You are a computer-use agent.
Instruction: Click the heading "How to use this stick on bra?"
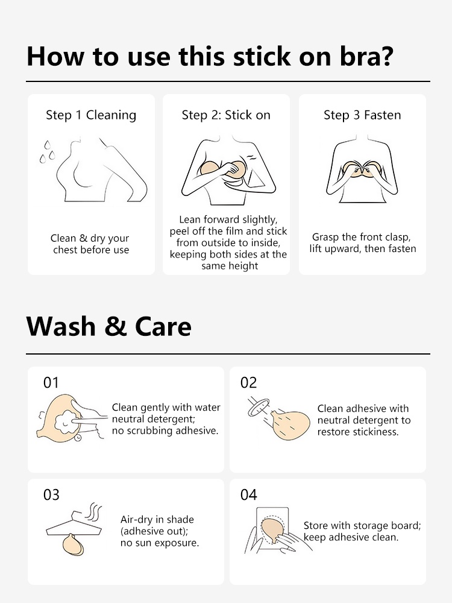[x=210, y=56]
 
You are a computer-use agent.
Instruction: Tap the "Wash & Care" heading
[x=108, y=326]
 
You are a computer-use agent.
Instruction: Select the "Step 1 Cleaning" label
[x=91, y=115]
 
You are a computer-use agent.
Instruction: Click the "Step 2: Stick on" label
[x=226, y=115]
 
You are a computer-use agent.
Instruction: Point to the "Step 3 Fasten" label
[x=362, y=115]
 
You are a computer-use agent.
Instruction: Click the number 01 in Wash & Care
[x=51, y=383]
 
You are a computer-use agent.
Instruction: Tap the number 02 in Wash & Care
[x=248, y=383]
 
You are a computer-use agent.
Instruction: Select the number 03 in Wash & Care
[x=51, y=494]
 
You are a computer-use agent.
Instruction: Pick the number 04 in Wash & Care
[x=248, y=494]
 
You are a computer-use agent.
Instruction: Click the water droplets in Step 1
[x=47, y=153]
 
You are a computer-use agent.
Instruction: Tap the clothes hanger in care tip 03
[x=74, y=524]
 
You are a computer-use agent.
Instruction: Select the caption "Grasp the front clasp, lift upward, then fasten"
[x=362, y=242]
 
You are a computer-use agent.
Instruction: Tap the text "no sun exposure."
[x=160, y=543]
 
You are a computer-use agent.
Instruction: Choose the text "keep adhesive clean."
[x=351, y=537]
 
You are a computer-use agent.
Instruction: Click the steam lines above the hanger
[x=95, y=511]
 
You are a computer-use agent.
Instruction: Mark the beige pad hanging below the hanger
[x=73, y=545]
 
